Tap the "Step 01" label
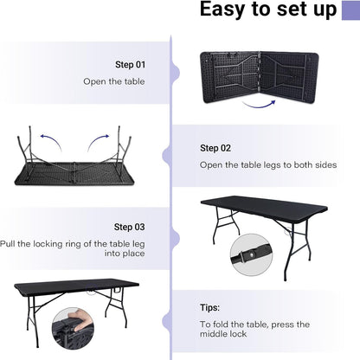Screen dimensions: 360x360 point(131,65)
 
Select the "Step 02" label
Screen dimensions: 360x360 point(215,148)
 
